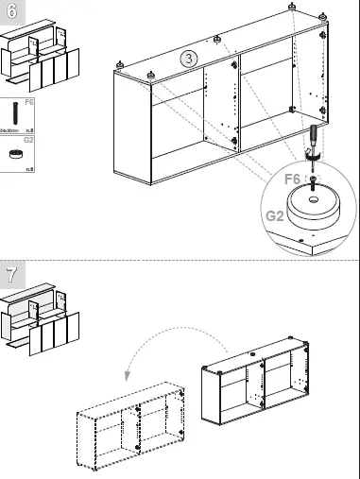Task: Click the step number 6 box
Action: (11, 12)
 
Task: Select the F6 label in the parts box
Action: (29, 99)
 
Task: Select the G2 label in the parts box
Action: (29, 140)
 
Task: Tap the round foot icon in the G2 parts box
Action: (16, 153)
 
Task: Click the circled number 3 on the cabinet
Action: (190, 59)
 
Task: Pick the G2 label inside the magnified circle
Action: (275, 215)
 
